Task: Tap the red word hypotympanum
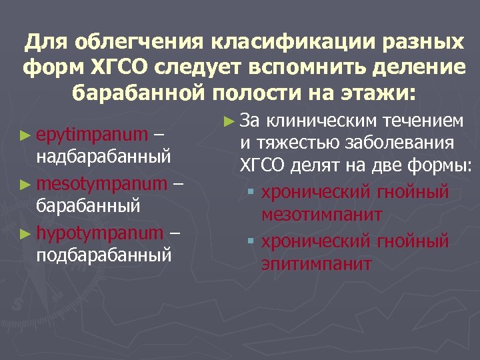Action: pos(100,233)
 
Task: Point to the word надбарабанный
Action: pos(103,156)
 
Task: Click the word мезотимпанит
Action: pos(322,215)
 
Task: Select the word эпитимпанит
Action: pos(316,263)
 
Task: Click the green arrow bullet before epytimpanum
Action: pos(25,135)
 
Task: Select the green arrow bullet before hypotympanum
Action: pos(25,233)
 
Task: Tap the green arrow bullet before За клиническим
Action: pos(229,121)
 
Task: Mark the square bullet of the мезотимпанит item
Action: pos(251,193)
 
